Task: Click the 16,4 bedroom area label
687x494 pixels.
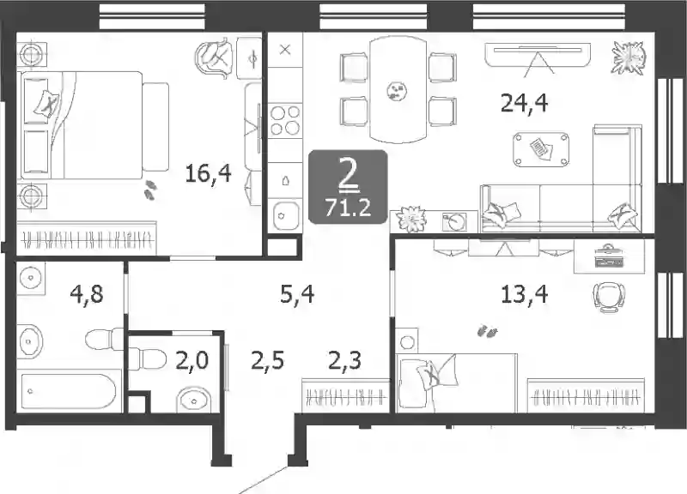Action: tap(208, 173)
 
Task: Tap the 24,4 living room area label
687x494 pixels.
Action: tap(524, 103)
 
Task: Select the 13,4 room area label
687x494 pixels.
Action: tap(524, 294)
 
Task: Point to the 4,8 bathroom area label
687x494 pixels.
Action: tap(87, 293)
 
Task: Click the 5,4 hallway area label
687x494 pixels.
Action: tap(297, 293)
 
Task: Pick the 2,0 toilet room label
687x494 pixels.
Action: tap(192, 361)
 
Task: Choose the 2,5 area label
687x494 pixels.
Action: tap(268, 361)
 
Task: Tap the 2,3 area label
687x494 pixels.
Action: tap(345, 361)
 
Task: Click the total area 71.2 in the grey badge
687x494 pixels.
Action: tap(349, 207)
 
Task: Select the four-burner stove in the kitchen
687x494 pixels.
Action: tap(285, 120)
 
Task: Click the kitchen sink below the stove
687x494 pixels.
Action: tap(286, 215)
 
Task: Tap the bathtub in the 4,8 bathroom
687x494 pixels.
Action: tap(69, 391)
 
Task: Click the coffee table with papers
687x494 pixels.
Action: tap(541, 149)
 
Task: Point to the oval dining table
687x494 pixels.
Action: tap(398, 89)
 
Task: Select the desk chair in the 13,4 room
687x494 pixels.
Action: tap(609, 297)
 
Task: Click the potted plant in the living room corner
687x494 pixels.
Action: tap(629, 57)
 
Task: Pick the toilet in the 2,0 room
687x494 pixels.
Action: tap(148, 359)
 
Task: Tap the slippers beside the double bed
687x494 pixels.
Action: tap(149, 190)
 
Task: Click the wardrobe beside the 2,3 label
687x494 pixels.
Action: tap(345, 395)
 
